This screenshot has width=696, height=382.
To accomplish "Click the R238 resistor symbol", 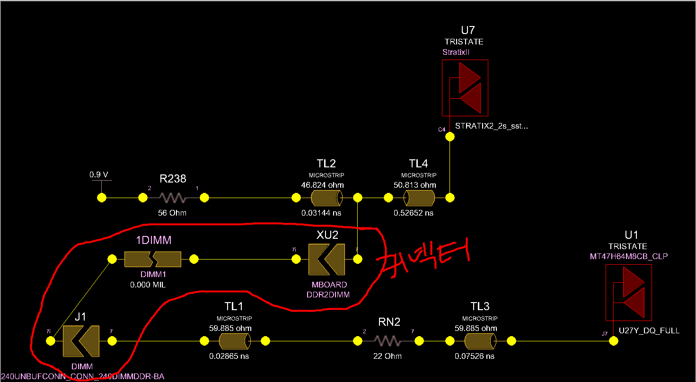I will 173,198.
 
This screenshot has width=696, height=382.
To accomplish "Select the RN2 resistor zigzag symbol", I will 388,340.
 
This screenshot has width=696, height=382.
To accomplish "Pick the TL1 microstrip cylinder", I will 234,340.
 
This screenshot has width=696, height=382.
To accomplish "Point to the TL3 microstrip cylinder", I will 480,340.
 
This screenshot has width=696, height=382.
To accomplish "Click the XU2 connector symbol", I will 326,259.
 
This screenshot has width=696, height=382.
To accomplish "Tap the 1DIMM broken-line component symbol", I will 152,259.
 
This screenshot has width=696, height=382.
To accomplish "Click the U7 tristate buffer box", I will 465,87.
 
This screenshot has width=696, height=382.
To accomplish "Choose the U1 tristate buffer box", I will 628,292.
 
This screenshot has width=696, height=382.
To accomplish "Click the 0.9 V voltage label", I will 98,175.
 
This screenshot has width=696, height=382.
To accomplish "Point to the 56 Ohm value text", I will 172,213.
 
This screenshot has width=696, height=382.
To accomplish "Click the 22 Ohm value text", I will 388,356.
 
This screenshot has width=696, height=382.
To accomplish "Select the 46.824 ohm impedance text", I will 322,185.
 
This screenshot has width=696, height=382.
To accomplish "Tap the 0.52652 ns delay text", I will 414,213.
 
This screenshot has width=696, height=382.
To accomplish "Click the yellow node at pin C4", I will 449,137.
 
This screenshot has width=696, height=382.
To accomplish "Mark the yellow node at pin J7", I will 613,341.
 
